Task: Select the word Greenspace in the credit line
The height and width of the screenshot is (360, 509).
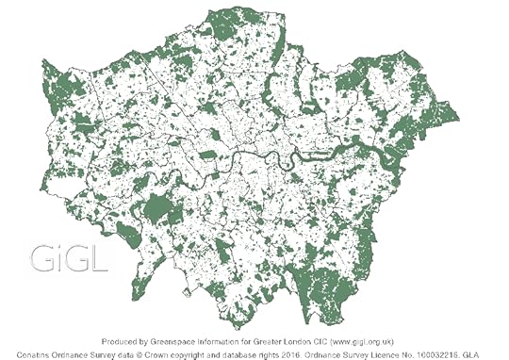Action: (178, 338)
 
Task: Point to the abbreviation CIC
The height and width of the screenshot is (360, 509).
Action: (342, 338)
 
